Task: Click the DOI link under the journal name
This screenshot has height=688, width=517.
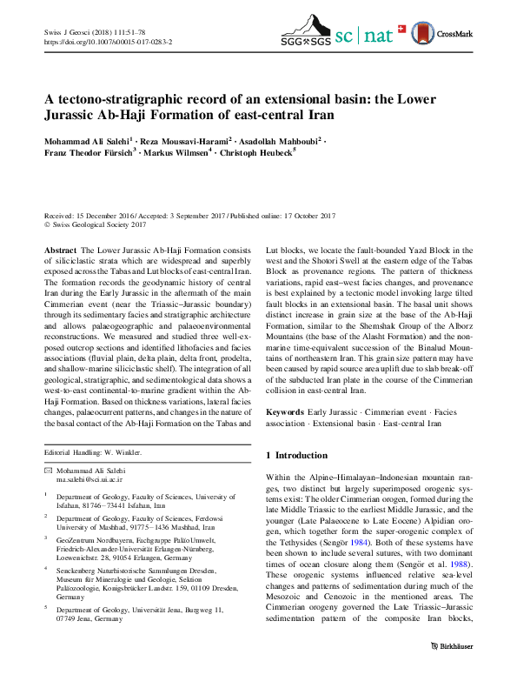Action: [x=108, y=41]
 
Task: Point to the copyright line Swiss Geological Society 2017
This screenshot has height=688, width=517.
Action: [x=100, y=224]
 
